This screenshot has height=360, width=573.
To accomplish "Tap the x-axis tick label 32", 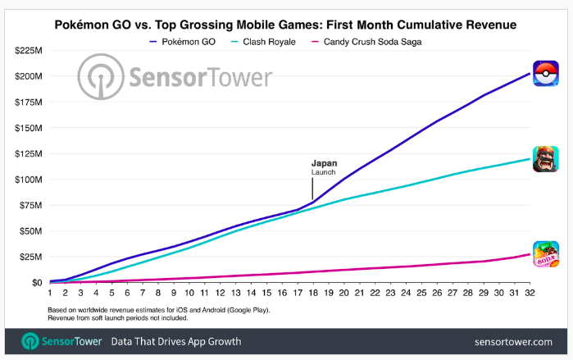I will coord(529,293).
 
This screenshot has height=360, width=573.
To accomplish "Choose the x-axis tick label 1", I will coord(50,293).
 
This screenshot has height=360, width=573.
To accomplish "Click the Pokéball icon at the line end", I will coord(546,74).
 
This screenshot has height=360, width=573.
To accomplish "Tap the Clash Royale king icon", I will coord(546,158).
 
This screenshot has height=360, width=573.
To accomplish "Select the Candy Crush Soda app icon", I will coord(546,254).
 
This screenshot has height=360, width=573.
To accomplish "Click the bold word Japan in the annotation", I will coord(324,163).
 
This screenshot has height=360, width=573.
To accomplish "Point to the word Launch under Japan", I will coord(324,172).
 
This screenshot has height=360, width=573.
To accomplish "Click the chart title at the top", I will coord(286,25).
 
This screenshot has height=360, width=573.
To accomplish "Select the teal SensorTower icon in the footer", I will coord(31,341).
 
